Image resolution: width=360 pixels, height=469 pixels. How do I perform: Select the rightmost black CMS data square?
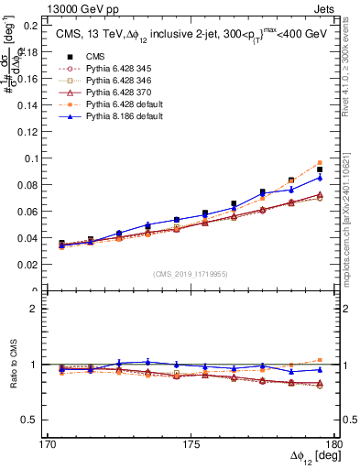pyautogui.click(x=320, y=169)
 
